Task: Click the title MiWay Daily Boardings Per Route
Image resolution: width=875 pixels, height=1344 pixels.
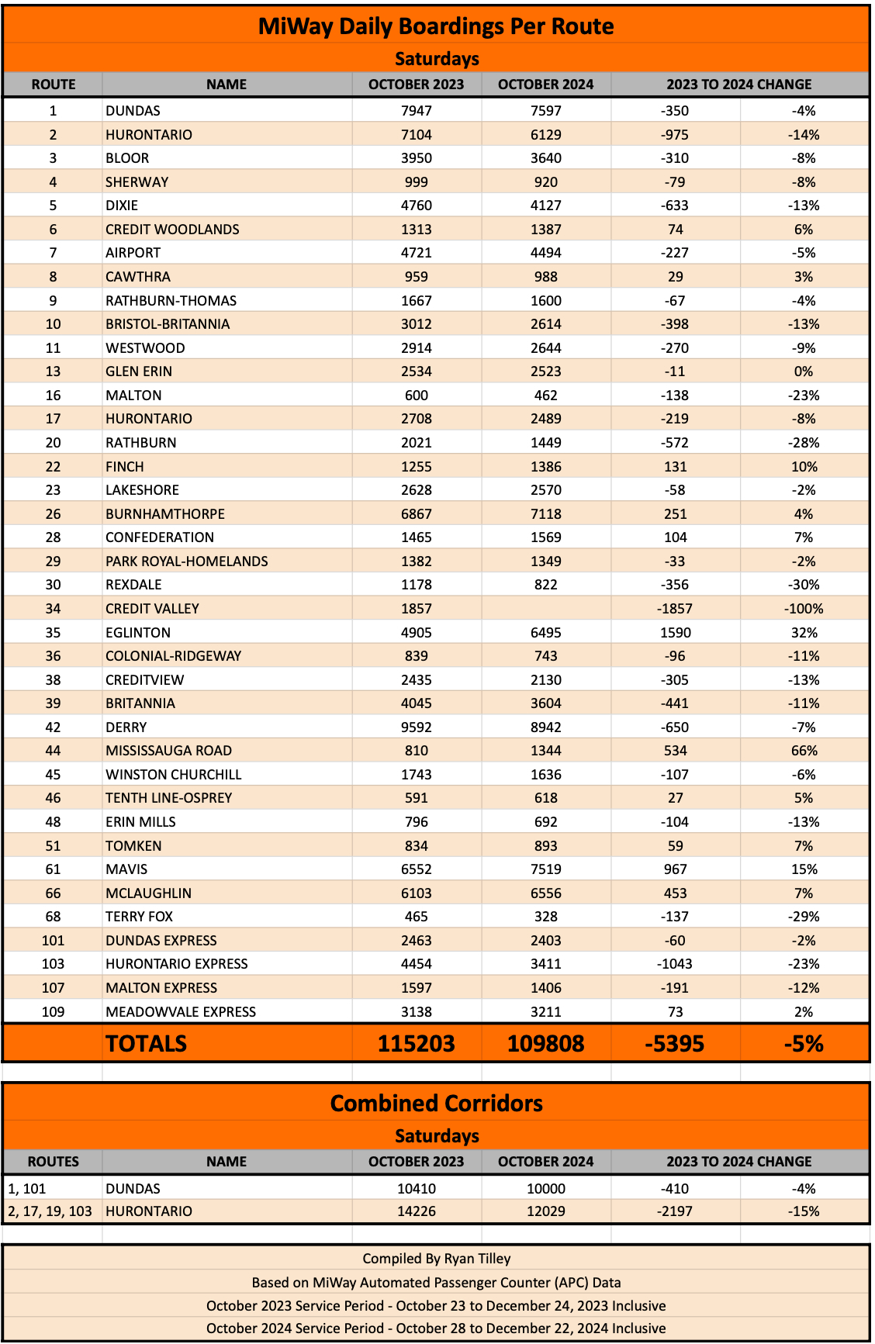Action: (436, 26)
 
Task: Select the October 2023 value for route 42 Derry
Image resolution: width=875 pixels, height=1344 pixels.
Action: (417, 727)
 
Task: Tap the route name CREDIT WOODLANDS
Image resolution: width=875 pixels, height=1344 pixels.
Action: (172, 230)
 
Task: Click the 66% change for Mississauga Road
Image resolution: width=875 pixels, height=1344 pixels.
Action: (804, 751)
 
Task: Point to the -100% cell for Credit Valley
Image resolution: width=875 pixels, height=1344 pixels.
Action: (804, 609)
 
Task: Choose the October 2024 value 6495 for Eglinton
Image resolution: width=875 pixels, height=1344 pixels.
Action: (546, 633)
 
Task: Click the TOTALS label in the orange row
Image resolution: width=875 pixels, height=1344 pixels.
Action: (146, 1044)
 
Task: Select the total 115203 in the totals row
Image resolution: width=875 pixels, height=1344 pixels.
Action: (417, 1044)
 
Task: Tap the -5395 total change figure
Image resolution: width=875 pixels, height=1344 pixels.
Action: (675, 1044)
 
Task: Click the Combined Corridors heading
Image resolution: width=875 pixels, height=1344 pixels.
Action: (436, 1104)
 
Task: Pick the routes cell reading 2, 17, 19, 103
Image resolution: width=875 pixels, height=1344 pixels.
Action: (50, 1211)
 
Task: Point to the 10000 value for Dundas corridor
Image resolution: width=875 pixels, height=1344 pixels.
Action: (546, 1189)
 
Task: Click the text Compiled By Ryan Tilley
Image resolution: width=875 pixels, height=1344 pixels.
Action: (436, 1259)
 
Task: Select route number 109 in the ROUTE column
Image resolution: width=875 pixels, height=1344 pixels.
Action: (53, 1012)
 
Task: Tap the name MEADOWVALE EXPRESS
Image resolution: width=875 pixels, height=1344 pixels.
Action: (181, 1012)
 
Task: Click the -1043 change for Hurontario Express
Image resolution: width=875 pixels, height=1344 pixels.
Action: (675, 964)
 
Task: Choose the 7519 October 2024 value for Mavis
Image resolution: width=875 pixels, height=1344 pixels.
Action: (546, 869)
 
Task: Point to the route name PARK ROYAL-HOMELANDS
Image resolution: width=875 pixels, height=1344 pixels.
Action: (187, 561)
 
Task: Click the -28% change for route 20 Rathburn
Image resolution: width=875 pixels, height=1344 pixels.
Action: (804, 443)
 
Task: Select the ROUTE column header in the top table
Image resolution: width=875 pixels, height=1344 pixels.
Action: (53, 85)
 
